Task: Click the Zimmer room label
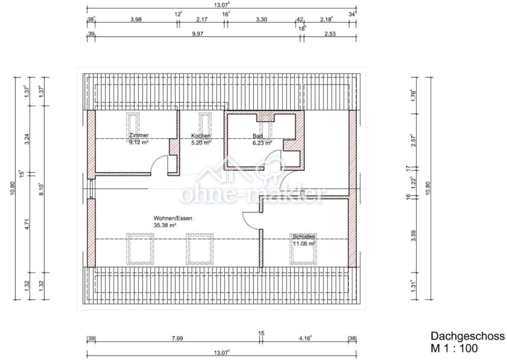[x=139, y=135]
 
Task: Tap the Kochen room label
[x=201, y=136]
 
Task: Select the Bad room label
[x=257, y=136]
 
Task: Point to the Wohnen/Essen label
[x=173, y=218]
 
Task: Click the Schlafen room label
[x=304, y=237]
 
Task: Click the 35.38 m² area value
[x=165, y=225]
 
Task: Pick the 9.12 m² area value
[x=139, y=142]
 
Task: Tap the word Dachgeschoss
[x=468, y=336]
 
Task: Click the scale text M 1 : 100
[x=454, y=348]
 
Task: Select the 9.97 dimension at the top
[x=198, y=34]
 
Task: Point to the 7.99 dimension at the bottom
[x=177, y=338]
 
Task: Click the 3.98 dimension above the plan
[x=136, y=20]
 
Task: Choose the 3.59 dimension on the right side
[x=413, y=236]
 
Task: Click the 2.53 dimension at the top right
[x=330, y=34]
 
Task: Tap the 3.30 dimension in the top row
[x=261, y=20]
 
